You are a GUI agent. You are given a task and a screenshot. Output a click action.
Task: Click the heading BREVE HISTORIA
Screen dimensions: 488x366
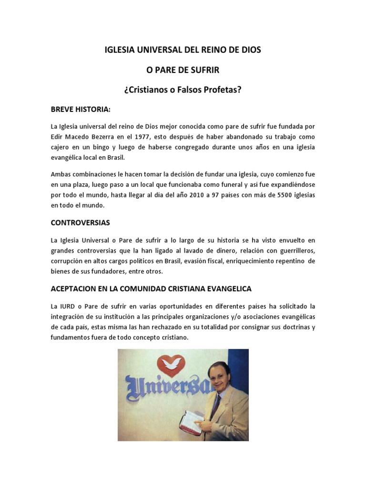80,109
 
